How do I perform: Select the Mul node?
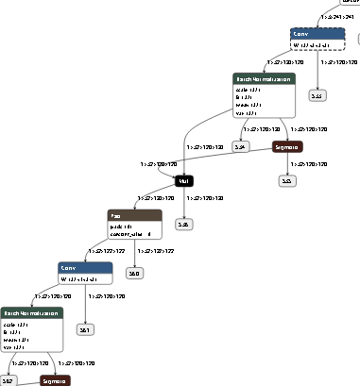point(185,179)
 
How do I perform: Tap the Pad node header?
point(135,216)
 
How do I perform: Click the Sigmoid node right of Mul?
point(287,147)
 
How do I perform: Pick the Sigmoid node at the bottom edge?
point(55,380)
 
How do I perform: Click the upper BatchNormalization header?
point(265,79)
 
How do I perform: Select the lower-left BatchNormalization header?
point(31,313)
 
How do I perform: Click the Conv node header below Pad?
point(85,268)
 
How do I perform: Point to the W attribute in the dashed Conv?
point(312,45)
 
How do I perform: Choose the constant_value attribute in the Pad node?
point(131,235)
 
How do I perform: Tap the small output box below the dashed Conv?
point(317,95)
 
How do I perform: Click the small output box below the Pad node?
point(134,273)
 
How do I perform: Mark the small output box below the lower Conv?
point(85,329)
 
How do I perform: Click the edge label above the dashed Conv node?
point(338,17)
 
